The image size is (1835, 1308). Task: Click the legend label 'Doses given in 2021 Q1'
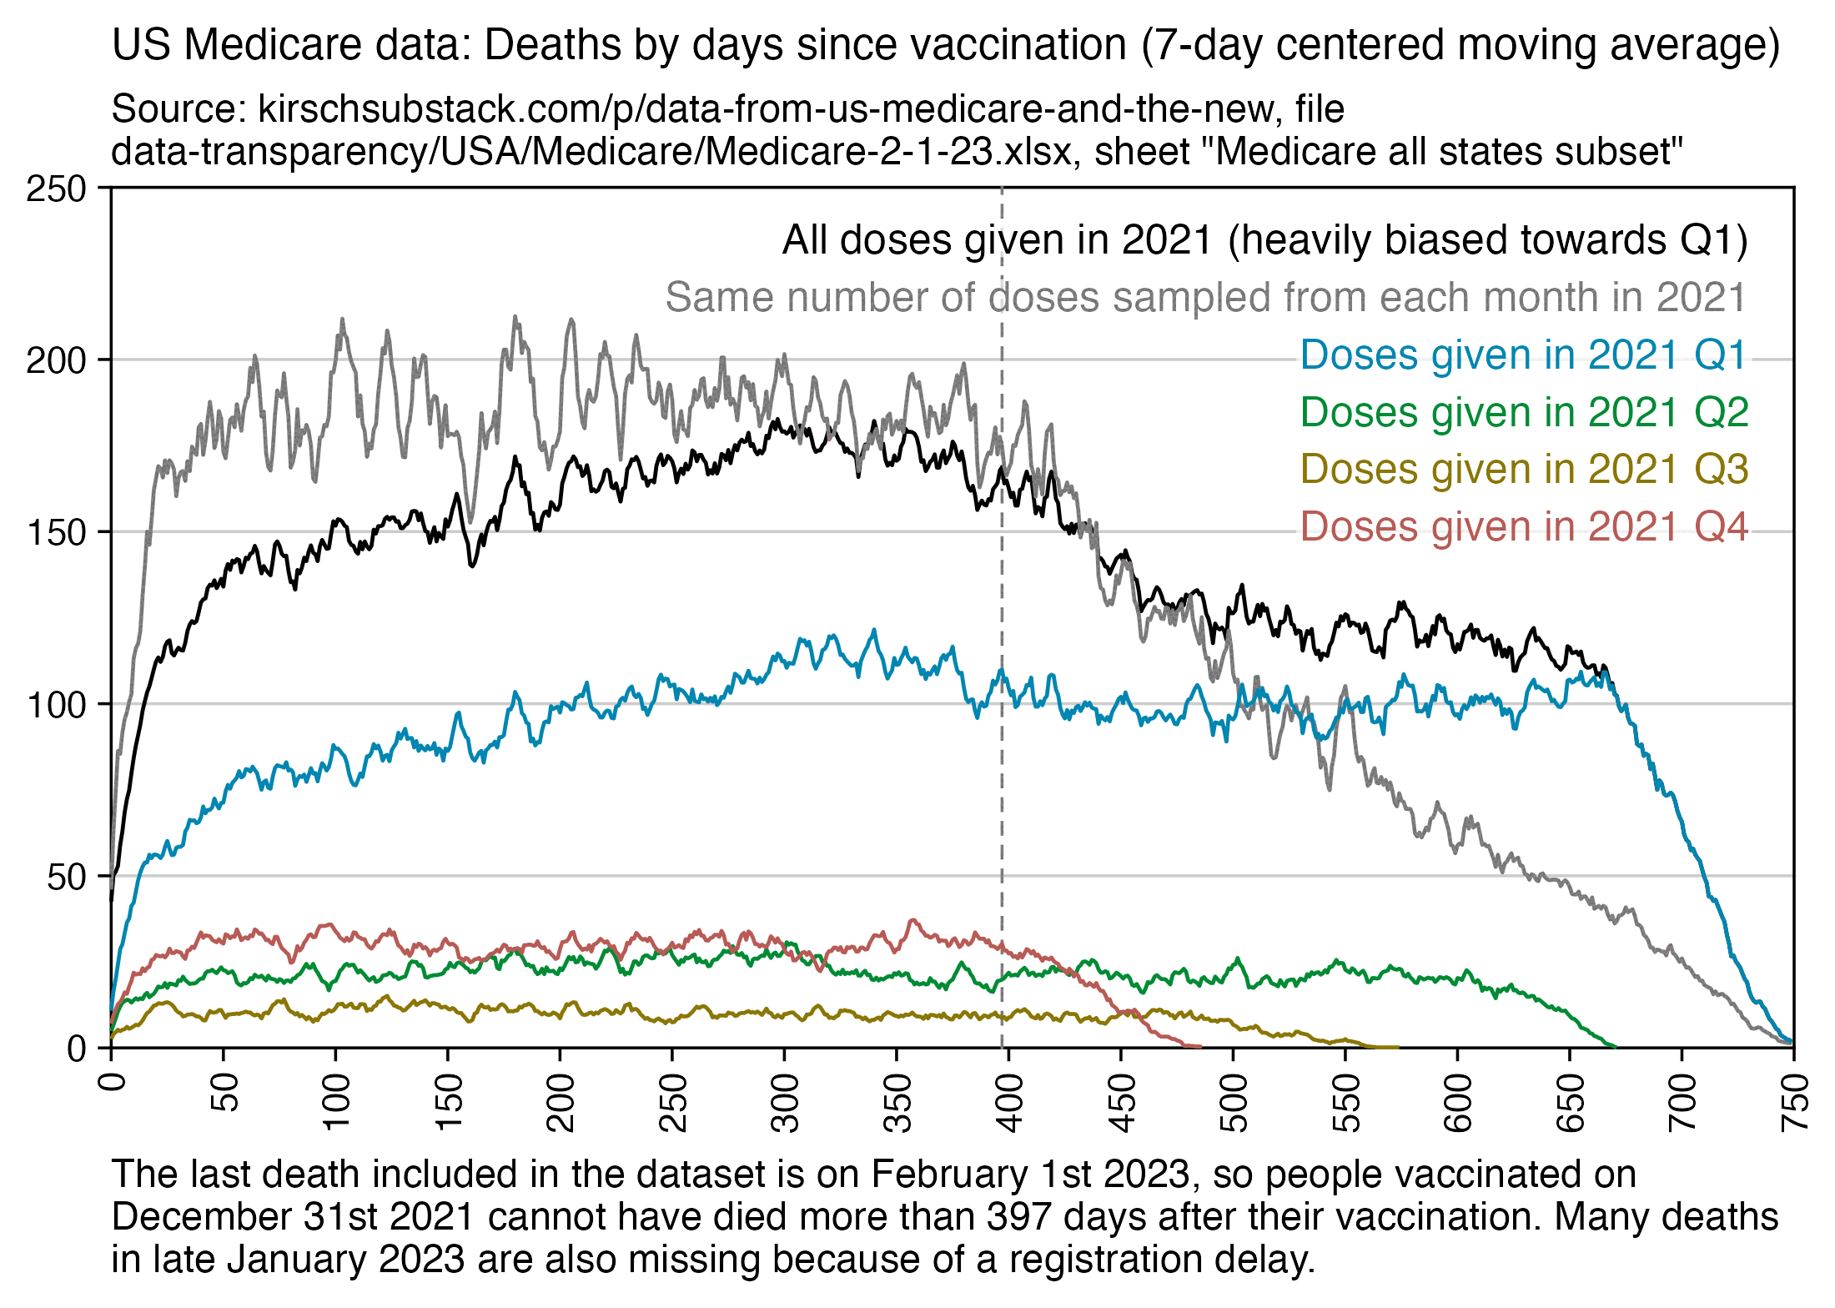tap(1523, 355)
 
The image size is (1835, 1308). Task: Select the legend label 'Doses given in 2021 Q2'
tap(1523, 412)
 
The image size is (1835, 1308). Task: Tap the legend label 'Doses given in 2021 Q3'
tap(1523, 469)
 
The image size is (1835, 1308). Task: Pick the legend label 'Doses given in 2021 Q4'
tap(1523, 526)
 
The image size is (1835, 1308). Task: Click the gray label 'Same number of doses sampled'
tap(1205, 298)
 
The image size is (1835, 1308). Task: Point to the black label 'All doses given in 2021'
tap(1264, 240)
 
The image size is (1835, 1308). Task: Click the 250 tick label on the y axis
tap(56, 189)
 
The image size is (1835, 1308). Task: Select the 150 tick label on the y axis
tap(56, 532)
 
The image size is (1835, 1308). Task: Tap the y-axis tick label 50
tap(67, 876)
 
